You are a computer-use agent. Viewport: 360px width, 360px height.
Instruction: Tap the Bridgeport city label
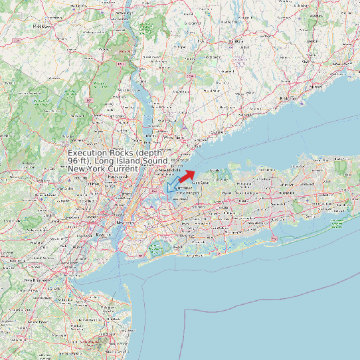[288, 98]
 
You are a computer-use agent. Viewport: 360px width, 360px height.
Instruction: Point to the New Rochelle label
[169, 171]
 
